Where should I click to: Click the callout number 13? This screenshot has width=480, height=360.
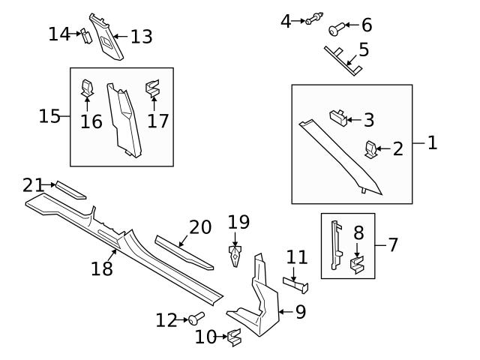pyautogui.click(x=141, y=35)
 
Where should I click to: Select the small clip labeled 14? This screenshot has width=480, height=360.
pyautogui.click(x=86, y=34)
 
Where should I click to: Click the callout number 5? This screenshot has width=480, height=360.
pyautogui.click(x=364, y=51)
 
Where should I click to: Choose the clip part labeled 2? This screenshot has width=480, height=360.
pyautogui.click(x=371, y=148)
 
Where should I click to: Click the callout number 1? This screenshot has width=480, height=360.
pyautogui.click(x=432, y=142)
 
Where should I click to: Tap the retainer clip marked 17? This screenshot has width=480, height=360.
pyautogui.click(x=153, y=90)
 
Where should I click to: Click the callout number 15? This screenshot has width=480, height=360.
pyautogui.click(x=49, y=116)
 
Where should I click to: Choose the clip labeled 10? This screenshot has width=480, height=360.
pyautogui.click(x=234, y=338)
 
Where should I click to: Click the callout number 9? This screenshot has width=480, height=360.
pyautogui.click(x=300, y=312)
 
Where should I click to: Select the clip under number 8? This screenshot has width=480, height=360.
pyautogui.click(x=358, y=264)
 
